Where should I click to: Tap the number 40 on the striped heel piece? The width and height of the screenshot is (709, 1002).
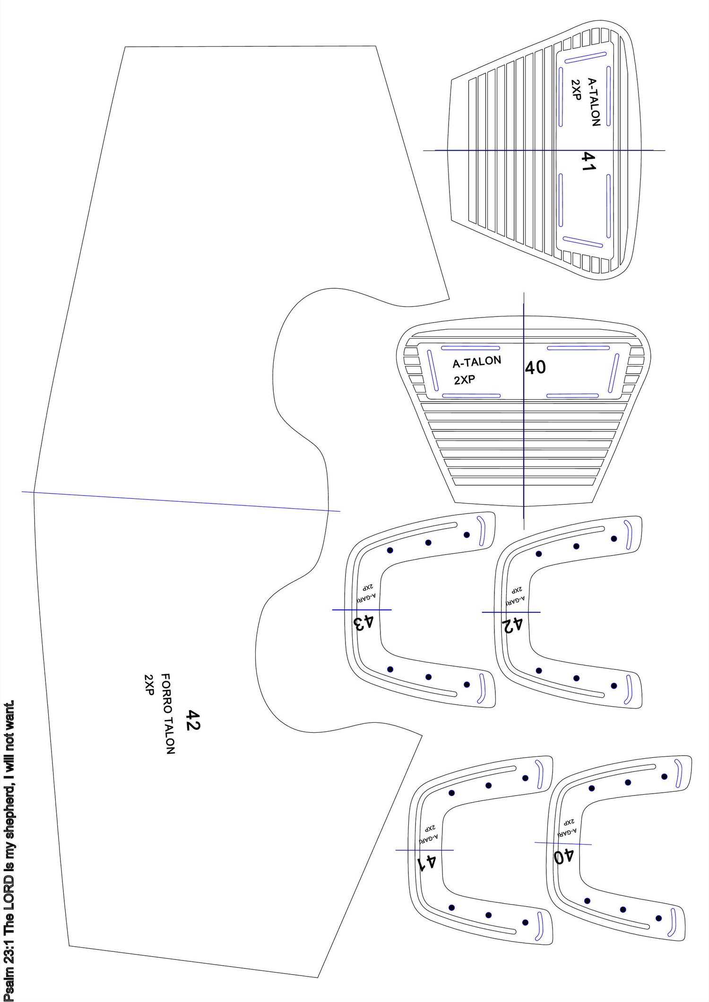[536, 368]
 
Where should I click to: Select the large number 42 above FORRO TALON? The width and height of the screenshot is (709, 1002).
[192, 720]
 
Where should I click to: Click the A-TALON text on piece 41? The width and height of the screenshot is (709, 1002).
[594, 102]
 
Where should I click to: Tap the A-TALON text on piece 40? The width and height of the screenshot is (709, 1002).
[476, 362]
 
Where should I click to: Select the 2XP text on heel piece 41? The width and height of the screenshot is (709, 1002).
[576, 89]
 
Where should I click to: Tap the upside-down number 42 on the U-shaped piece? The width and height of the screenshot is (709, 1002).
[512, 625]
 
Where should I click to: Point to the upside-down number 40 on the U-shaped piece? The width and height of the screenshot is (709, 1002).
[564, 856]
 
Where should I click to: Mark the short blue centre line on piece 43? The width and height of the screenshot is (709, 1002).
[362, 610]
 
